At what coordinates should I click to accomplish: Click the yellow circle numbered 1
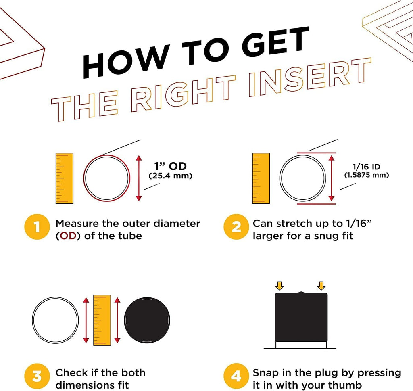(37, 227)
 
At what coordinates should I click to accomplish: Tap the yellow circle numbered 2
(236, 227)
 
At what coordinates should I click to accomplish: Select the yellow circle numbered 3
(37, 376)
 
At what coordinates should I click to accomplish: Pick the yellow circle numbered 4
(236, 376)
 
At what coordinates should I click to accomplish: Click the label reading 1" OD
(171, 166)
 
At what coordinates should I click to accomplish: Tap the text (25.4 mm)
(171, 176)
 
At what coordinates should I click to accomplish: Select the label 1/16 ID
(366, 167)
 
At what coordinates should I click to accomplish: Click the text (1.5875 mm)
(366, 175)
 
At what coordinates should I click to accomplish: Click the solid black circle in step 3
(147, 320)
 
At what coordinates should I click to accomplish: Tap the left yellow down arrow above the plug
(279, 286)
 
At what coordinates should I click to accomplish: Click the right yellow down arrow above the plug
(321, 286)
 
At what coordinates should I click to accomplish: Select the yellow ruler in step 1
(65, 178)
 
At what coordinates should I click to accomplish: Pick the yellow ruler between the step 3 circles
(102, 320)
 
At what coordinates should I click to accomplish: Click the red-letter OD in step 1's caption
(68, 236)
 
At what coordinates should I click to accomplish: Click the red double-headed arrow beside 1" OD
(139, 178)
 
